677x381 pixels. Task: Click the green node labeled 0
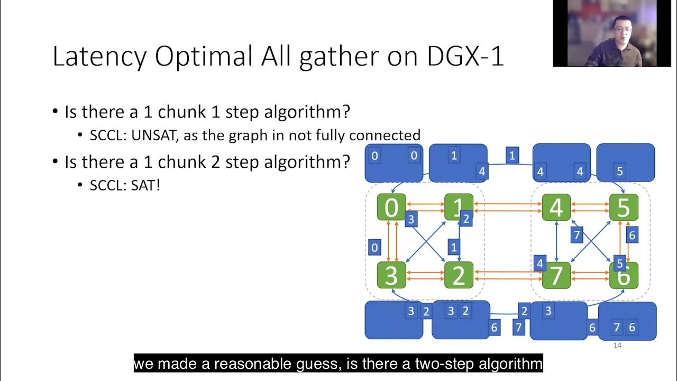(391, 207)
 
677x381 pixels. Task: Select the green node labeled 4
(556, 207)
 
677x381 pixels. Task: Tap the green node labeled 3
(391, 275)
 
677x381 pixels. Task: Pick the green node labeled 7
(556, 275)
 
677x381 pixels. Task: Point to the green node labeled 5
(624, 207)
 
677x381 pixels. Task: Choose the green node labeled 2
(459, 275)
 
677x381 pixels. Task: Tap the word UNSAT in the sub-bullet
(156, 135)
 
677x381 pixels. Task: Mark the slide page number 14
(617, 346)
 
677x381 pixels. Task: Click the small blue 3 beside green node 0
(411, 219)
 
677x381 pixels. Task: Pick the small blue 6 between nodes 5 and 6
(632, 235)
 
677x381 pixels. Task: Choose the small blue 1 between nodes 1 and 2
(453, 247)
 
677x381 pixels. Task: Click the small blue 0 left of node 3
(374, 247)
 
